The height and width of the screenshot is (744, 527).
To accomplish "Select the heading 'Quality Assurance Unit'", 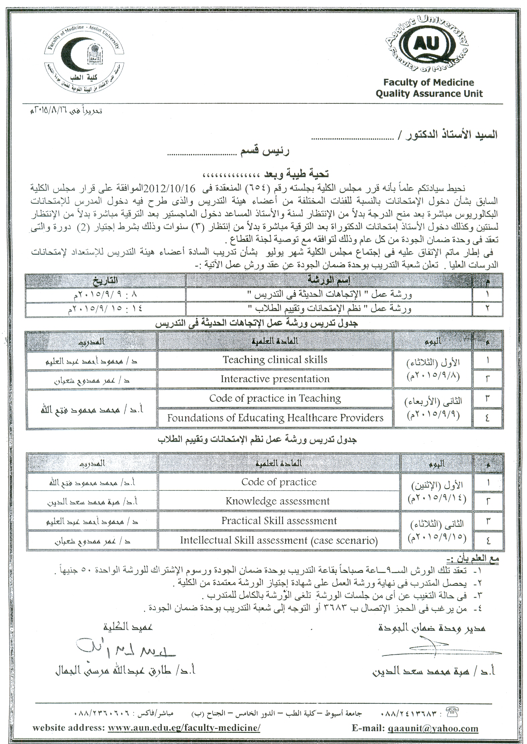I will pos(429,94).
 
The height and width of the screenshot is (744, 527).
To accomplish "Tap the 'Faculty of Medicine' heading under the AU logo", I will pos(429,82).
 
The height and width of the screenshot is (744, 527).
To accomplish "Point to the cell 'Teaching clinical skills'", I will pos(275,360).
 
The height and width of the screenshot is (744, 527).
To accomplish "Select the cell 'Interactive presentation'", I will pos(275,379).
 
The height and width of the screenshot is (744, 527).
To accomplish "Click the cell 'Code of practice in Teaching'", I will pos(275,398).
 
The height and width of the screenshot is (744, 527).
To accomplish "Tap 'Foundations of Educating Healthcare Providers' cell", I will pos(275,418).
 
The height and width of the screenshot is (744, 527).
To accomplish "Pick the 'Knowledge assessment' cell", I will pos(278,501).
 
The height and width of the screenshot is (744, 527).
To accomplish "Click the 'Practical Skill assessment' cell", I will pos(279,521).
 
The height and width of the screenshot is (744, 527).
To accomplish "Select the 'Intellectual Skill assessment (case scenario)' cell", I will pos(279,540).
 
